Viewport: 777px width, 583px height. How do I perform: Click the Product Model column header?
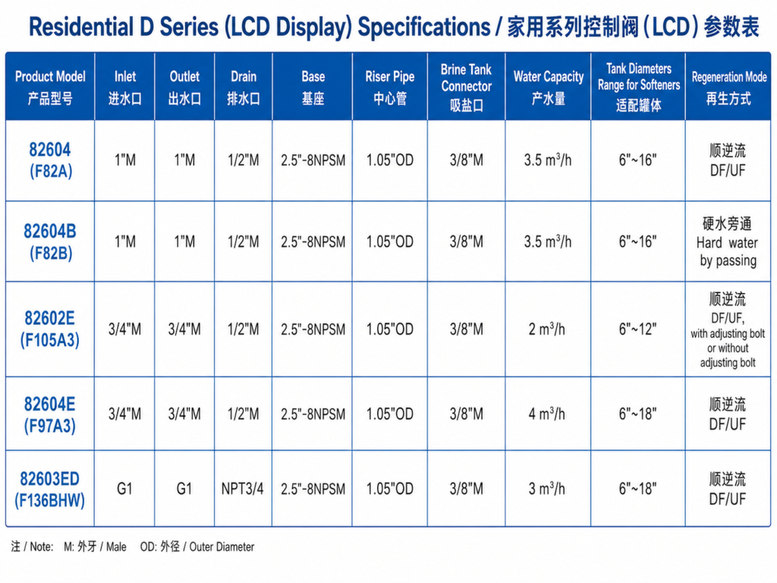coord(50,87)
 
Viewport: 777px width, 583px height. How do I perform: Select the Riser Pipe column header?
coord(390,87)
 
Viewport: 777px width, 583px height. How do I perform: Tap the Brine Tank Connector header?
coord(467,87)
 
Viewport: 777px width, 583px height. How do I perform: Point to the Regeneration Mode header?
coord(729,87)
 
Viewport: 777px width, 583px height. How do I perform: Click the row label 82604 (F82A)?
coord(50,160)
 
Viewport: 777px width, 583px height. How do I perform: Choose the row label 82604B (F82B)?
coord(50,242)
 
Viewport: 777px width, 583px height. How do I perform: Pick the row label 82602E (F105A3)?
coord(50,329)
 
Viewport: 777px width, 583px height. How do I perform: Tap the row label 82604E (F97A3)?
coord(50,414)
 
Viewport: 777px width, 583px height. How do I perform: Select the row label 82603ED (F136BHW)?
coord(50,490)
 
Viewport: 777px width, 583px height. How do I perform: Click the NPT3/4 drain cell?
coord(243,489)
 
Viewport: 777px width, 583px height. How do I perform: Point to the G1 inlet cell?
coord(124,489)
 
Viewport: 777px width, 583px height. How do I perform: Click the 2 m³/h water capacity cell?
coord(547,329)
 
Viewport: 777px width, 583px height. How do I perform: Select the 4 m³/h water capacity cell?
coord(547,414)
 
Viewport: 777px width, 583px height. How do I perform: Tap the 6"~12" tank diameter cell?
coord(637,329)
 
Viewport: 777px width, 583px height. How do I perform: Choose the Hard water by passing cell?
coord(728,242)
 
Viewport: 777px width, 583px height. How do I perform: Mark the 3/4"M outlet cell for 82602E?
coord(184,329)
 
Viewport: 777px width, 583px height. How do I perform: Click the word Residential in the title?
coord(82,27)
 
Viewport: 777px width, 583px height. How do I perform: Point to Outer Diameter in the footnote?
coord(222,547)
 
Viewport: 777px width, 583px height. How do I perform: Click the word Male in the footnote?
coord(116,547)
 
